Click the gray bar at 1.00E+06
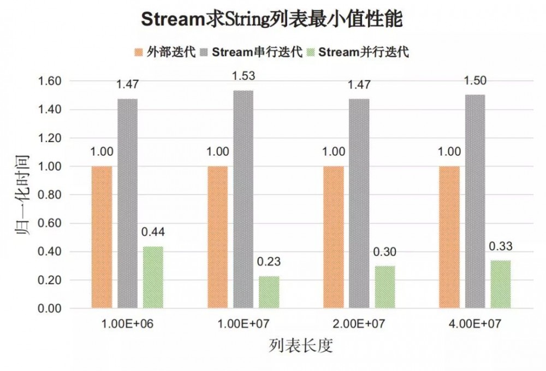(127, 203)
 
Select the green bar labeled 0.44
(153, 277)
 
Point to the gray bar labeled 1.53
(243, 199)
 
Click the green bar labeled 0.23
(269, 292)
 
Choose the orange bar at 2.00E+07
(333, 237)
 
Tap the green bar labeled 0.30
(384, 287)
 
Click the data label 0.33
(500, 246)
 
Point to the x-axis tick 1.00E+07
(243, 323)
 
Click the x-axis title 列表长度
(301, 346)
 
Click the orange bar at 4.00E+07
(449, 237)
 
